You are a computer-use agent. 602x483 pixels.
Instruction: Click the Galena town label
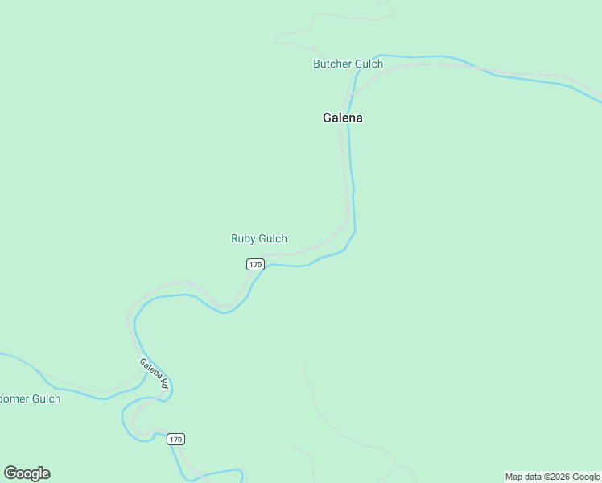(x=343, y=118)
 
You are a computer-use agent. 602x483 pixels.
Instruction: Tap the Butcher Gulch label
(x=348, y=64)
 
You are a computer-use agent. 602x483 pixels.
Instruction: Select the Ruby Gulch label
(x=259, y=238)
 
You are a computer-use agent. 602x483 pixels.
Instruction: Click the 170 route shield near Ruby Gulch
(x=255, y=264)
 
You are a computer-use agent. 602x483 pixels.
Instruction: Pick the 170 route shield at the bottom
(x=176, y=439)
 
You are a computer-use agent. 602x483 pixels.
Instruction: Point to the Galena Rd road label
(x=153, y=374)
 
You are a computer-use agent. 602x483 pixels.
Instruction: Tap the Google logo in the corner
(x=27, y=473)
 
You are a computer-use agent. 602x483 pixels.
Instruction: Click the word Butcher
(x=332, y=64)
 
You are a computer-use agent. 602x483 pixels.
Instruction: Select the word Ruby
(x=243, y=238)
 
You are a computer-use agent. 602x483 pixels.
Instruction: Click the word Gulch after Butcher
(x=368, y=64)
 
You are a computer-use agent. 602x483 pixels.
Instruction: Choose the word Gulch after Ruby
(x=273, y=238)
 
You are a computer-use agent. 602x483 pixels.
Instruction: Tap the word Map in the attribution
(x=514, y=477)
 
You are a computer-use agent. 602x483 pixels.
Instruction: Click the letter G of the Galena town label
(x=328, y=118)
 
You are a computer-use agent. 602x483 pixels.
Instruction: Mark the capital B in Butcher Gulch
(x=316, y=64)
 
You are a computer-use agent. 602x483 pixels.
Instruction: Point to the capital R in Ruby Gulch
(x=234, y=238)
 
